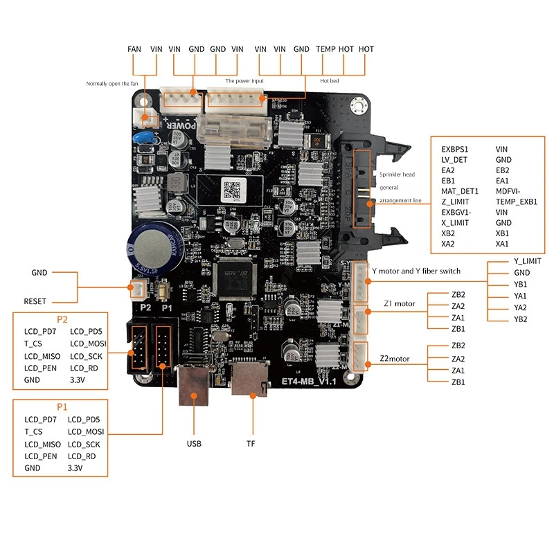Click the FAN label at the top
tap(134, 49)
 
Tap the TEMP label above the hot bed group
tap(325, 49)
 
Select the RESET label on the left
tap(35, 301)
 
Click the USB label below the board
tap(194, 443)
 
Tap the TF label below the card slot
tap(251, 443)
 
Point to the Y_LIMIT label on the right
tap(527, 261)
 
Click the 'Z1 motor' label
tap(399, 303)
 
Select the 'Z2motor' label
tap(397, 359)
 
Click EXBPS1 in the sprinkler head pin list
tap(455, 148)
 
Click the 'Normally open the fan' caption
tap(111, 83)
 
